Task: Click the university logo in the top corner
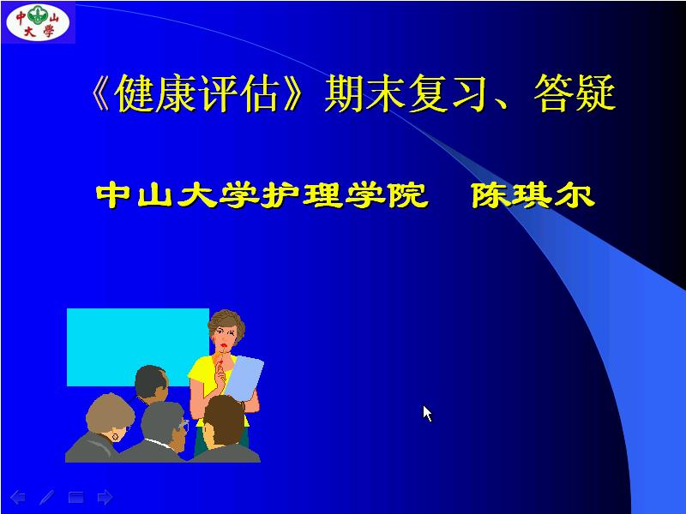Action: [x=38, y=21]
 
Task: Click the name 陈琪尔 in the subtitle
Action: [x=533, y=196]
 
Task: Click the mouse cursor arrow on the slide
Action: [x=427, y=413]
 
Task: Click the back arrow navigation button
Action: [x=18, y=496]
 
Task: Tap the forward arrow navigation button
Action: [x=105, y=496]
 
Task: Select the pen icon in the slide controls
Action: [x=46, y=496]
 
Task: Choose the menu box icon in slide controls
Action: [x=75, y=496]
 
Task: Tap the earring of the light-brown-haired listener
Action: [x=117, y=437]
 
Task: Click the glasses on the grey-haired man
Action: [x=182, y=425]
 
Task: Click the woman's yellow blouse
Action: [x=204, y=377]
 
